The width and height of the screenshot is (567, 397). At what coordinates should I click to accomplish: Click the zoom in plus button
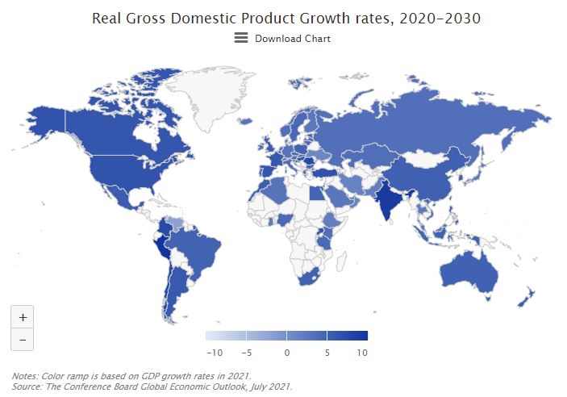[23, 317]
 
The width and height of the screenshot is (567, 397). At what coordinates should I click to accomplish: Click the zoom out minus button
[23, 340]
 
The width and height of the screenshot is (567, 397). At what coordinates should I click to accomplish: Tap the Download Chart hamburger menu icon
[241, 38]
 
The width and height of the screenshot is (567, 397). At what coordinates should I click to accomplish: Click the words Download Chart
[293, 39]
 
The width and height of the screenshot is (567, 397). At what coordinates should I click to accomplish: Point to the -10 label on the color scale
[215, 353]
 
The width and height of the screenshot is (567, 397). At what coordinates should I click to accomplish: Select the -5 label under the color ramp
[247, 353]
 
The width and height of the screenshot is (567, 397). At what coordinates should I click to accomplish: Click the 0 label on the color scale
[287, 353]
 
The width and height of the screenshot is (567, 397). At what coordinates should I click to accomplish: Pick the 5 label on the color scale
[327, 353]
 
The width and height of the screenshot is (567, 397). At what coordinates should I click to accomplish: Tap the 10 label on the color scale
[362, 353]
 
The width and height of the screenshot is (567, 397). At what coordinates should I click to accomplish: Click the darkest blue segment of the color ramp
[348, 336]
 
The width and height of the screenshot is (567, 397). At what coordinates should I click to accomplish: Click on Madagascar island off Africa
[342, 261]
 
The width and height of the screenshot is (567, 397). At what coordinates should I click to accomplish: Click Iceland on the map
[245, 121]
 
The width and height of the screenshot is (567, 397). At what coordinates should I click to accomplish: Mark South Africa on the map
[308, 277]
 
